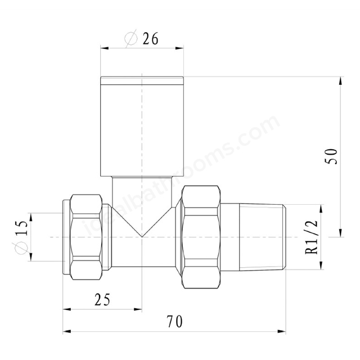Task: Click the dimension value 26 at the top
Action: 150,39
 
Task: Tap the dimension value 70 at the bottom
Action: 175,321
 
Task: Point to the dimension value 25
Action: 102,299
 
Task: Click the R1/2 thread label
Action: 312,237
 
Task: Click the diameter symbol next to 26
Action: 131,39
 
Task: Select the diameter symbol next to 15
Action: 21,248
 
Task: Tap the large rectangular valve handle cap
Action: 142,127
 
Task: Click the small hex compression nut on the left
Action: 87,237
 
